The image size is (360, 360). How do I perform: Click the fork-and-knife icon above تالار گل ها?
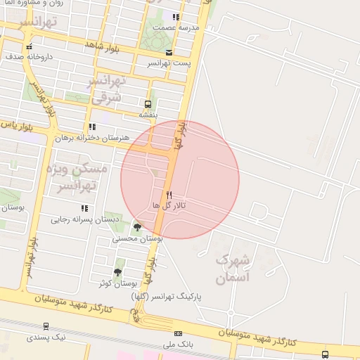click(x=168, y=194)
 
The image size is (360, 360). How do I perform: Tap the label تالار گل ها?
click(x=169, y=205)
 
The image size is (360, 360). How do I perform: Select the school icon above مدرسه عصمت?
click(x=176, y=17)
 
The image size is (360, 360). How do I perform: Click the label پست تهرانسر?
click(x=169, y=63)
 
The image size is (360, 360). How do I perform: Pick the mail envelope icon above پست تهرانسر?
click(x=168, y=53)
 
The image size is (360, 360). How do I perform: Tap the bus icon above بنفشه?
click(x=148, y=103)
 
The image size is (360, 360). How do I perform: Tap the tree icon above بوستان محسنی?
click(x=137, y=227)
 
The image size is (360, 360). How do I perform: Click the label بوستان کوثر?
click(x=117, y=283)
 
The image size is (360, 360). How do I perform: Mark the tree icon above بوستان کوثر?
click(x=117, y=272)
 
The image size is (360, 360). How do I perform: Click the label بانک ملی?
click(x=178, y=344)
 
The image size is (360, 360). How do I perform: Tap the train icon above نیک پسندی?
click(x=46, y=326)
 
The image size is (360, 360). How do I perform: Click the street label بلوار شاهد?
click(x=103, y=45)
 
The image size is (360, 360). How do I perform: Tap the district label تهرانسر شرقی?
click(x=107, y=90)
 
